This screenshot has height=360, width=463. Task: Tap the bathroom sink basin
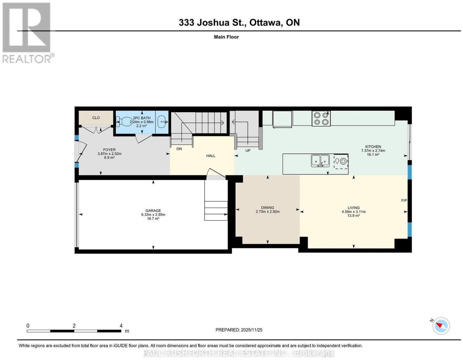click(162, 122)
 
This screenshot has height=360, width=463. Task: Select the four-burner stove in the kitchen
click(321, 118)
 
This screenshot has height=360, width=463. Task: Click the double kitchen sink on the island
click(320, 161)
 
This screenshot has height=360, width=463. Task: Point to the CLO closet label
click(96, 118)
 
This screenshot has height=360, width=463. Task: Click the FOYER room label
click(109, 150)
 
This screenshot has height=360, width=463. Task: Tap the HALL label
click(211, 156)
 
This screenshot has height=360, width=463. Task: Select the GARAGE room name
click(153, 211)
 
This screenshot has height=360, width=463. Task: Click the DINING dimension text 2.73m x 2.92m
click(268, 212)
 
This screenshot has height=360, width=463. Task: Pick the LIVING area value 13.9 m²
click(354, 215)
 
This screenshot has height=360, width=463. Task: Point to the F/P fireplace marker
click(404, 200)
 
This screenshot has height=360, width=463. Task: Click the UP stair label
click(248, 151)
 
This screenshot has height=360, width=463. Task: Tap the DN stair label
click(179, 149)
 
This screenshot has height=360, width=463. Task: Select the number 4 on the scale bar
click(121, 326)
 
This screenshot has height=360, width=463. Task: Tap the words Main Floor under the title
click(226, 37)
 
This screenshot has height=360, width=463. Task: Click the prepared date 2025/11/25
click(252, 330)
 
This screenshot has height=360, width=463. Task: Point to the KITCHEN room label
click(373, 147)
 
